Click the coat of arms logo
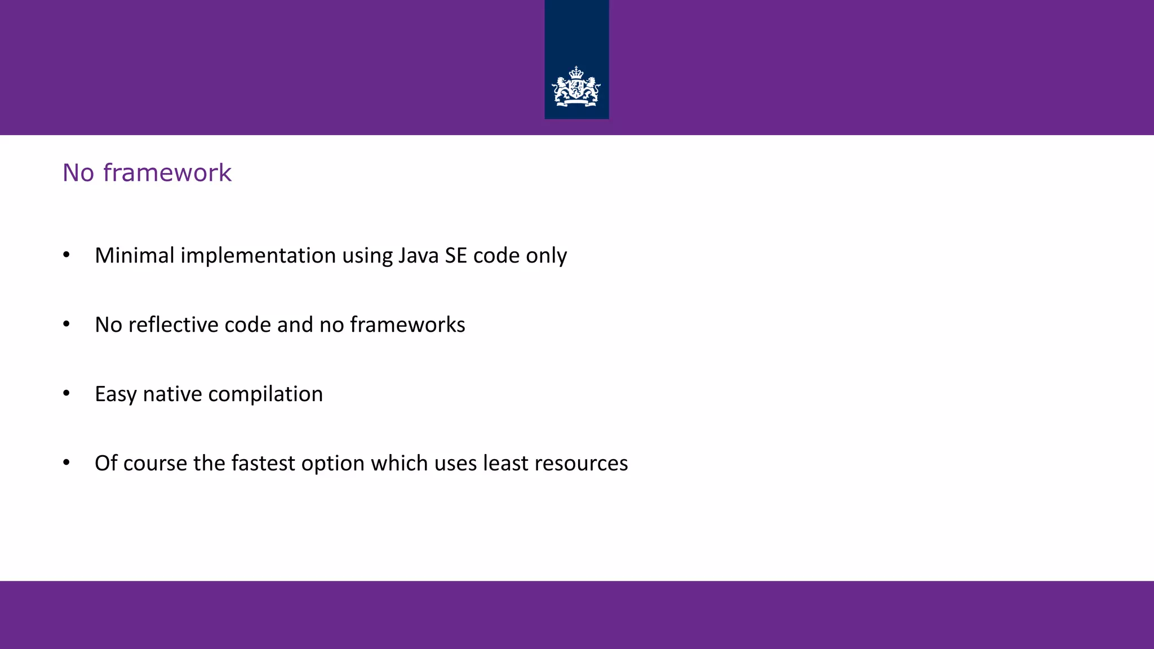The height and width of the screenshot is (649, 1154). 576,87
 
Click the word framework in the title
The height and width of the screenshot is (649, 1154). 167,172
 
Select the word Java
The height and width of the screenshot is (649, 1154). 418,255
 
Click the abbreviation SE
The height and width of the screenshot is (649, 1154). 455,255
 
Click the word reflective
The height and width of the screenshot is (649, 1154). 173,324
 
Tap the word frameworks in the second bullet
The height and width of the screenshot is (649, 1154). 407,324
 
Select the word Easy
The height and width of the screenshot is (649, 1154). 116,394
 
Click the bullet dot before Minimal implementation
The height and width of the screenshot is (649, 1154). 66,255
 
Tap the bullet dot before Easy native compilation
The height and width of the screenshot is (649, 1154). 66,394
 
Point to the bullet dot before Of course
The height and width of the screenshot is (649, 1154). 66,463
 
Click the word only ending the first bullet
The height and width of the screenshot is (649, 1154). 546,256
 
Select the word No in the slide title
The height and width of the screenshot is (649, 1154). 78,172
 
